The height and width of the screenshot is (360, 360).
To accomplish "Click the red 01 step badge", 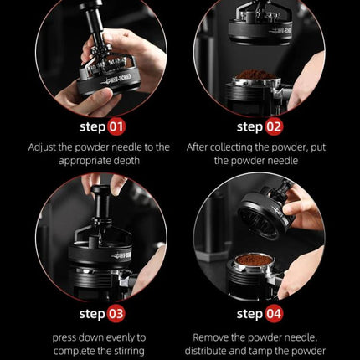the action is (116, 127).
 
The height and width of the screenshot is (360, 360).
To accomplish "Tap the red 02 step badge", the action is (274, 127).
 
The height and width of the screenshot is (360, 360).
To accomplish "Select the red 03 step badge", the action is (116, 314).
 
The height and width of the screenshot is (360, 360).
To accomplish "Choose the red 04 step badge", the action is (274, 314).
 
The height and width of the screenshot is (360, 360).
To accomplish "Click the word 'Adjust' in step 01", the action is (42, 147).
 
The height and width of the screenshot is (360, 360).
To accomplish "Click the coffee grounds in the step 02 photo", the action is (255, 75).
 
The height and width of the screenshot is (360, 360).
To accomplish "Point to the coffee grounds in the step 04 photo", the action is (255, 260).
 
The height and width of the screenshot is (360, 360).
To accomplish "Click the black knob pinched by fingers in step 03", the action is (101, 191).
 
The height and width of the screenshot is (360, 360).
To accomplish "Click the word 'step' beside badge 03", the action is (92, 315).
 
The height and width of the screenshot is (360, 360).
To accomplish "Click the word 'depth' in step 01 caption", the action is (126, 162).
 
